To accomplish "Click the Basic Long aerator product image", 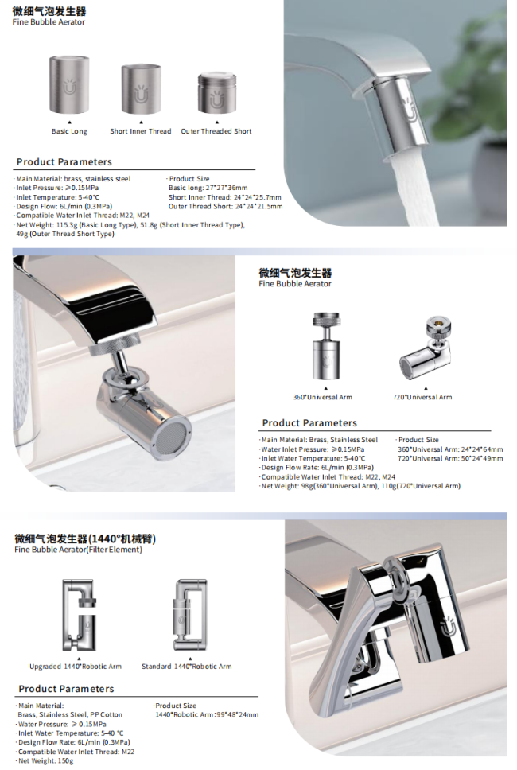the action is (x=69, y=85).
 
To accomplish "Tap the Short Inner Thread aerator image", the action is (x=142, y=89).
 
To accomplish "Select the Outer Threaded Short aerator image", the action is (x=216, y=93).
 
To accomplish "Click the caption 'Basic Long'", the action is (x=69, y=131).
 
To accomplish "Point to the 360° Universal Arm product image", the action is (x=323, y=346).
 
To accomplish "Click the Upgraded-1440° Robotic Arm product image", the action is (x=79, y=616).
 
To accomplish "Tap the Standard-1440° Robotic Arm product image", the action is (x=189, y=615).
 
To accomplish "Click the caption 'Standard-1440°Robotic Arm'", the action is (x=187, y=667).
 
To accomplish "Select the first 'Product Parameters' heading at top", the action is (x=64, y=162).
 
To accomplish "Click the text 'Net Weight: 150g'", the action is (x=45, y=760).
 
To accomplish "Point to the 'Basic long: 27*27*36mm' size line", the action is (x=208, y=188).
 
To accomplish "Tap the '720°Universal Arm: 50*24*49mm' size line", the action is (x=450, y=458).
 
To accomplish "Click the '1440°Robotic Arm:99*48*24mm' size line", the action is (x=207, y=714).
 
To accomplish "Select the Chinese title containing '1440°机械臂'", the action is (x=85, y=539).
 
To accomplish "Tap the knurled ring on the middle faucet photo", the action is (x=115, y=344).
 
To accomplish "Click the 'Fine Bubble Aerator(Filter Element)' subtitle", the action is (x=78, y=550).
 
